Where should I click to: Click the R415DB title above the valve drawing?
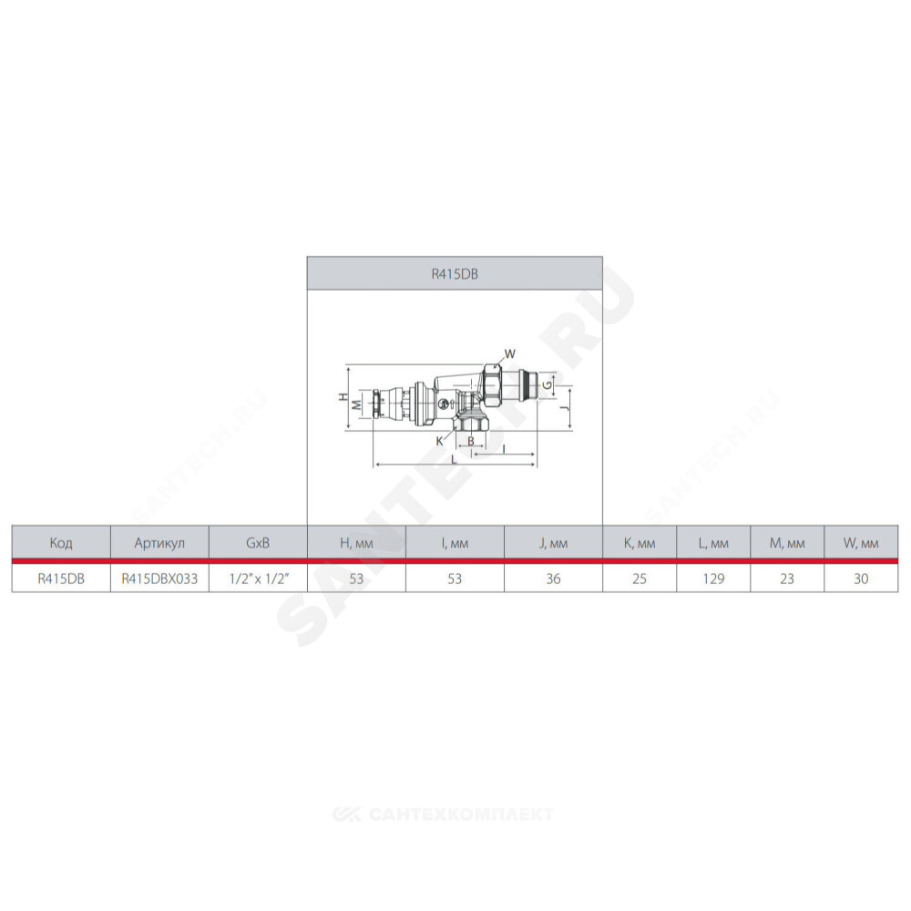[455, 273]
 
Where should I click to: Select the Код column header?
[61, 543]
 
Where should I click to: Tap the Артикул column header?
[159, 543]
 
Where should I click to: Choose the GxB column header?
[258, 543]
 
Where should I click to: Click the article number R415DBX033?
[159, 578]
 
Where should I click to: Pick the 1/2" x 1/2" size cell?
[258, 578]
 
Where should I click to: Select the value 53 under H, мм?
[356, 578]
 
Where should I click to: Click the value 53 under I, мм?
[455, 578]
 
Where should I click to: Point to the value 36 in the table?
[553, 578]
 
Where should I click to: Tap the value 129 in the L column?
[713, 578]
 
